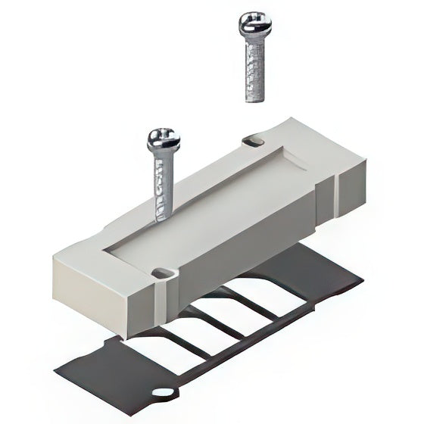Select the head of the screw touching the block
tap(164, 140)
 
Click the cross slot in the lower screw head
tap(164, 136)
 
